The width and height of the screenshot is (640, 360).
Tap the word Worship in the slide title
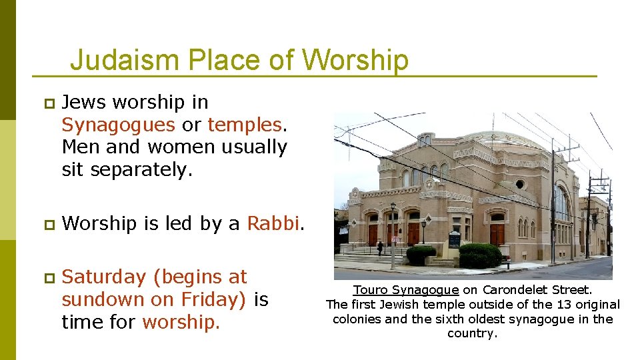[x=355, y=60]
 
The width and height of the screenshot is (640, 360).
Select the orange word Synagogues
[x=118, y=125]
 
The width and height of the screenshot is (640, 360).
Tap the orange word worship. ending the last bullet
[x=181, y=322]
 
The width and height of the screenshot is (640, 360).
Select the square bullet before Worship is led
[x=47, y=224]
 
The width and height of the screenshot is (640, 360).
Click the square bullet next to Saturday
[x=47, y=277]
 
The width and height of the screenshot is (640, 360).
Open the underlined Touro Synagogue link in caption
[x=405, y=290]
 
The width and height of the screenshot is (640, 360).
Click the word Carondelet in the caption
[x=514, y=290]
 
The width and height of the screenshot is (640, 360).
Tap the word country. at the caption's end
[x=472, y=333]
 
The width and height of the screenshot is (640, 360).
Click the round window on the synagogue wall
[x=520, y=184]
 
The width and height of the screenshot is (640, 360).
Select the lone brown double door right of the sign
[x=497, y=233]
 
